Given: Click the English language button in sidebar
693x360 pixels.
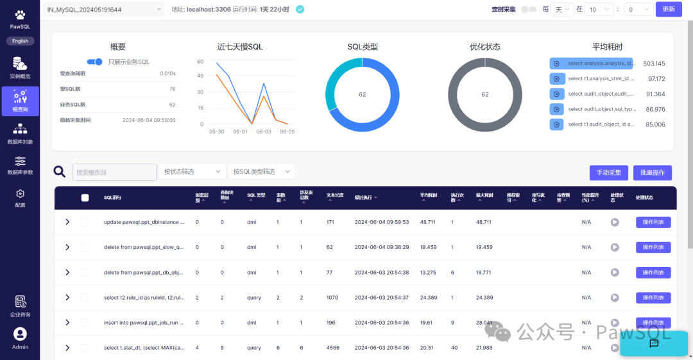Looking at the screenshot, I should point(20,40).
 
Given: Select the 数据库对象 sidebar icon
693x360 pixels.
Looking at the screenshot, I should point(20,133).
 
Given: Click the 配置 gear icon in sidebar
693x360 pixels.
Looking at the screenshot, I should point(20,194).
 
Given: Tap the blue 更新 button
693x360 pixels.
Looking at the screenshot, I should point(668,10).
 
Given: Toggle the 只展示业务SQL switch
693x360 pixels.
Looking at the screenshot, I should point(95,62).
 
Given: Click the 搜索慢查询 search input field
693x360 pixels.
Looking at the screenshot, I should point(114,172).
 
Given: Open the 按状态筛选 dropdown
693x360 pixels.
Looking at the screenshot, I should point(192,172).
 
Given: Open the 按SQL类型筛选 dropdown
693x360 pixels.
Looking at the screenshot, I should point(261,172).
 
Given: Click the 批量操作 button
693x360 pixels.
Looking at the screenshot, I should point(653,173).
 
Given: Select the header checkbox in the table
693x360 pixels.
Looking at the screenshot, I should point(85,198).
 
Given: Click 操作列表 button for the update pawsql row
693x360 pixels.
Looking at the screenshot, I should point(653,222).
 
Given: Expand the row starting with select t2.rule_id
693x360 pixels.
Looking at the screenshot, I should point(67,298).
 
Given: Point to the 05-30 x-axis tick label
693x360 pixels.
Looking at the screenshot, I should point(217,132).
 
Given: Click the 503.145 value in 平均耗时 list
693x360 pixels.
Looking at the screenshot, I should point(654,64).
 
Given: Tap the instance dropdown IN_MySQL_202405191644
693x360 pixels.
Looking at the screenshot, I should point(103,10).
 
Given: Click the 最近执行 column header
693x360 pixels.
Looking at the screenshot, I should point(366,197).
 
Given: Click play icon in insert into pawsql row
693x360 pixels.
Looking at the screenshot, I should point(615,323).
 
